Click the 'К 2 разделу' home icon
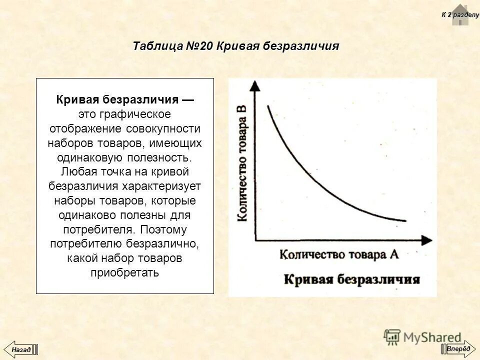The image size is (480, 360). point(459,15)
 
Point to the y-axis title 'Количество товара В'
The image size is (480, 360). point(242,162)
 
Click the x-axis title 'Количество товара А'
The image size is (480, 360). point(339,254)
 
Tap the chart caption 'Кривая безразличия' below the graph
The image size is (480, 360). point(352,278)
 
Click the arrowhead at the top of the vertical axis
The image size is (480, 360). point(255,84)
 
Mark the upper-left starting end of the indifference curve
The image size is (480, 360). point(268,106)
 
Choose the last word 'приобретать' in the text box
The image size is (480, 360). point(124,273)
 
